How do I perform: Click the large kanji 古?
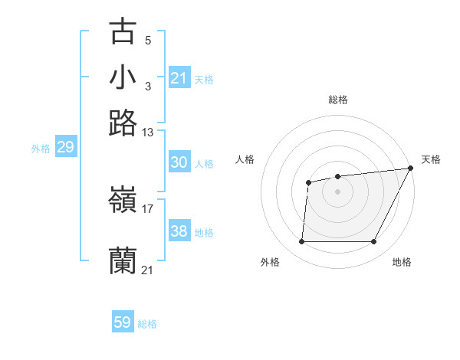(123, 31)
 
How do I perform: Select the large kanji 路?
(123, 122)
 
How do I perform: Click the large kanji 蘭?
(123, 260)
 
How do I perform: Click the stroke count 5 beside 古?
(147, 39)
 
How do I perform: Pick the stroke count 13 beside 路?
(147, 132)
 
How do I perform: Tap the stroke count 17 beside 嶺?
(147, 208)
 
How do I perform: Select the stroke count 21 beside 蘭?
(147, 270)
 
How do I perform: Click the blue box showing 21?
(179, 78)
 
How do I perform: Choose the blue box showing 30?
(179, 162)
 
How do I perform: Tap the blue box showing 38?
(179, 231)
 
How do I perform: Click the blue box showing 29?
(65, 148)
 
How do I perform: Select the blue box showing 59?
(122, 322)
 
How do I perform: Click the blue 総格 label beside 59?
(147, 324)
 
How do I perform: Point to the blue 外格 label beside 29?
(41, 149)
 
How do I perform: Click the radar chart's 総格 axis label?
(338, 100)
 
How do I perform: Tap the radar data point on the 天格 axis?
(411, 169)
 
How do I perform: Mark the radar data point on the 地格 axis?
(373, 242)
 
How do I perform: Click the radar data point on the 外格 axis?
(301, 242)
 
